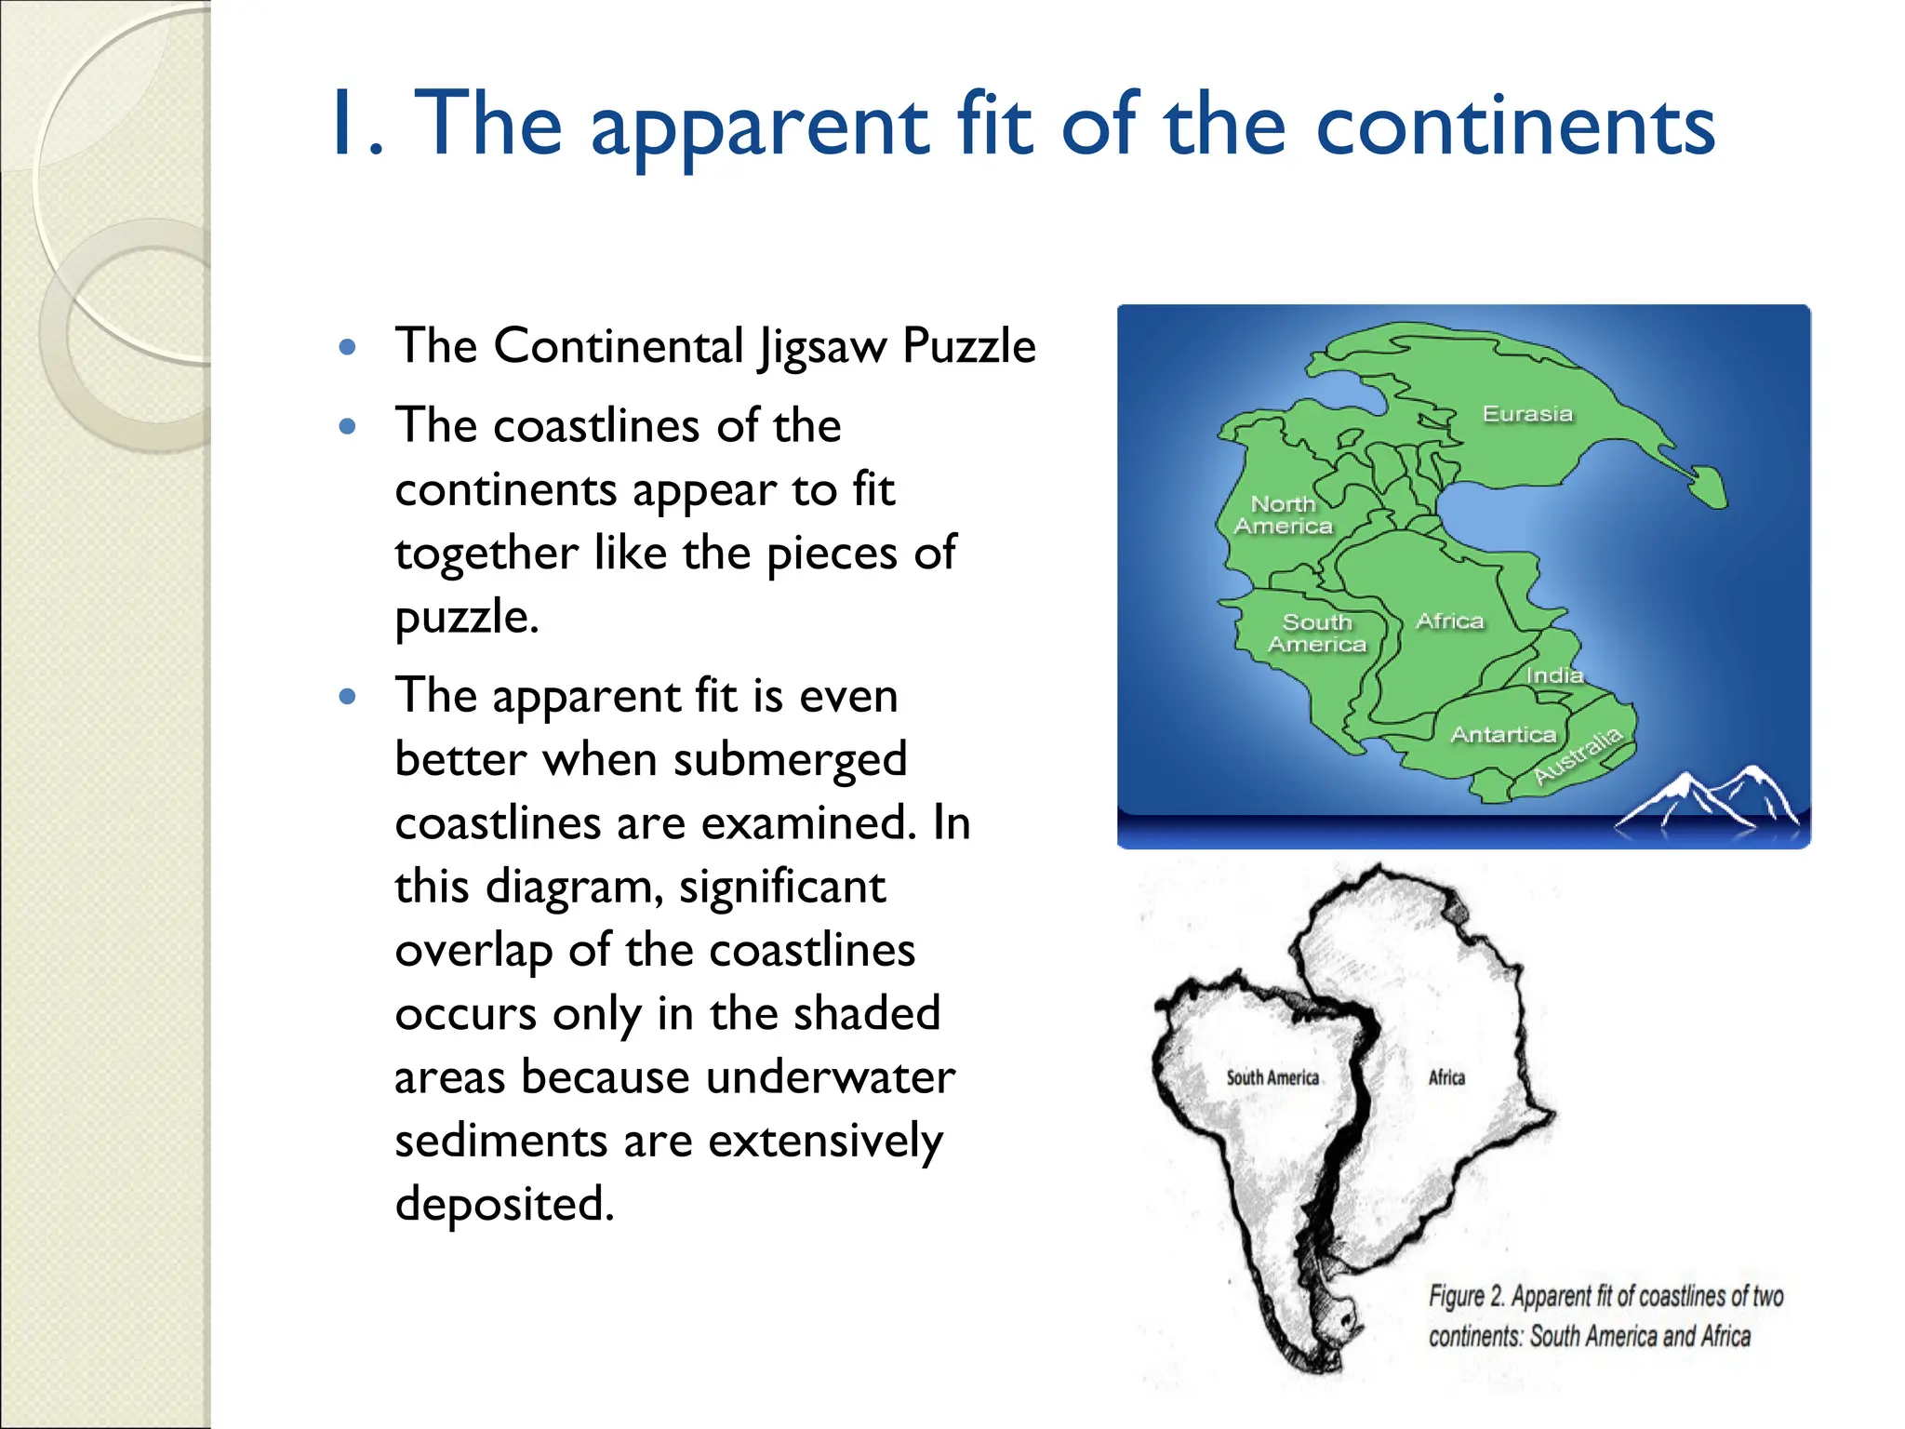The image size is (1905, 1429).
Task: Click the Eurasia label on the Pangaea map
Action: pyautogui.click(x=1527, y=414)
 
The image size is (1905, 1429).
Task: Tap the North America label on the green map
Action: pyautogui.click(x=1283, y=515)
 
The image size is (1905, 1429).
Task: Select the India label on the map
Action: pyautogui.click(x=1554, y=675)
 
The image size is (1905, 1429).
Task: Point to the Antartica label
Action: pyautogui.click(x=1503, y=735)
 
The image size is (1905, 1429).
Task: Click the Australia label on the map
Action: pyautogui.click(x=1578, y=755)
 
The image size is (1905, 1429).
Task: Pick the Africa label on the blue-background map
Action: pyautogui.click(x=1449, y=621)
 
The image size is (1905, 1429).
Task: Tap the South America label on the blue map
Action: pyautogui.click(x=1317, y=634)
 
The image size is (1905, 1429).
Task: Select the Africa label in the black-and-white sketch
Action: pyautogui.click(x=1446, y=1077)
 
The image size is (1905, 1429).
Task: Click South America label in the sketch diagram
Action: pyautogui.click(x=1272, y=1077)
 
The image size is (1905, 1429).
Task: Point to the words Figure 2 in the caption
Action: pyautogui.click(x=1466, y=1296)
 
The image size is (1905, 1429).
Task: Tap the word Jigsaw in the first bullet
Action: pyautogui.click(x=822, y=348)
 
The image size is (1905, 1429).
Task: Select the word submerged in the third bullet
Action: pyautogui.click(x=790, y=760)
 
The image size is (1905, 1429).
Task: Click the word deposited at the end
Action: pyautogui.click(x=504, y=1205)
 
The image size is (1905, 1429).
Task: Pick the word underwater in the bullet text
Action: pyautogui.click(x=831, y=1077)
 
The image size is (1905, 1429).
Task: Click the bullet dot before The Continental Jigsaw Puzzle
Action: pyautogui.click(x=349, y=348)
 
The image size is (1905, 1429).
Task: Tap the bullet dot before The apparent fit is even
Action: pyautogui.click(x=349, y=697)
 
